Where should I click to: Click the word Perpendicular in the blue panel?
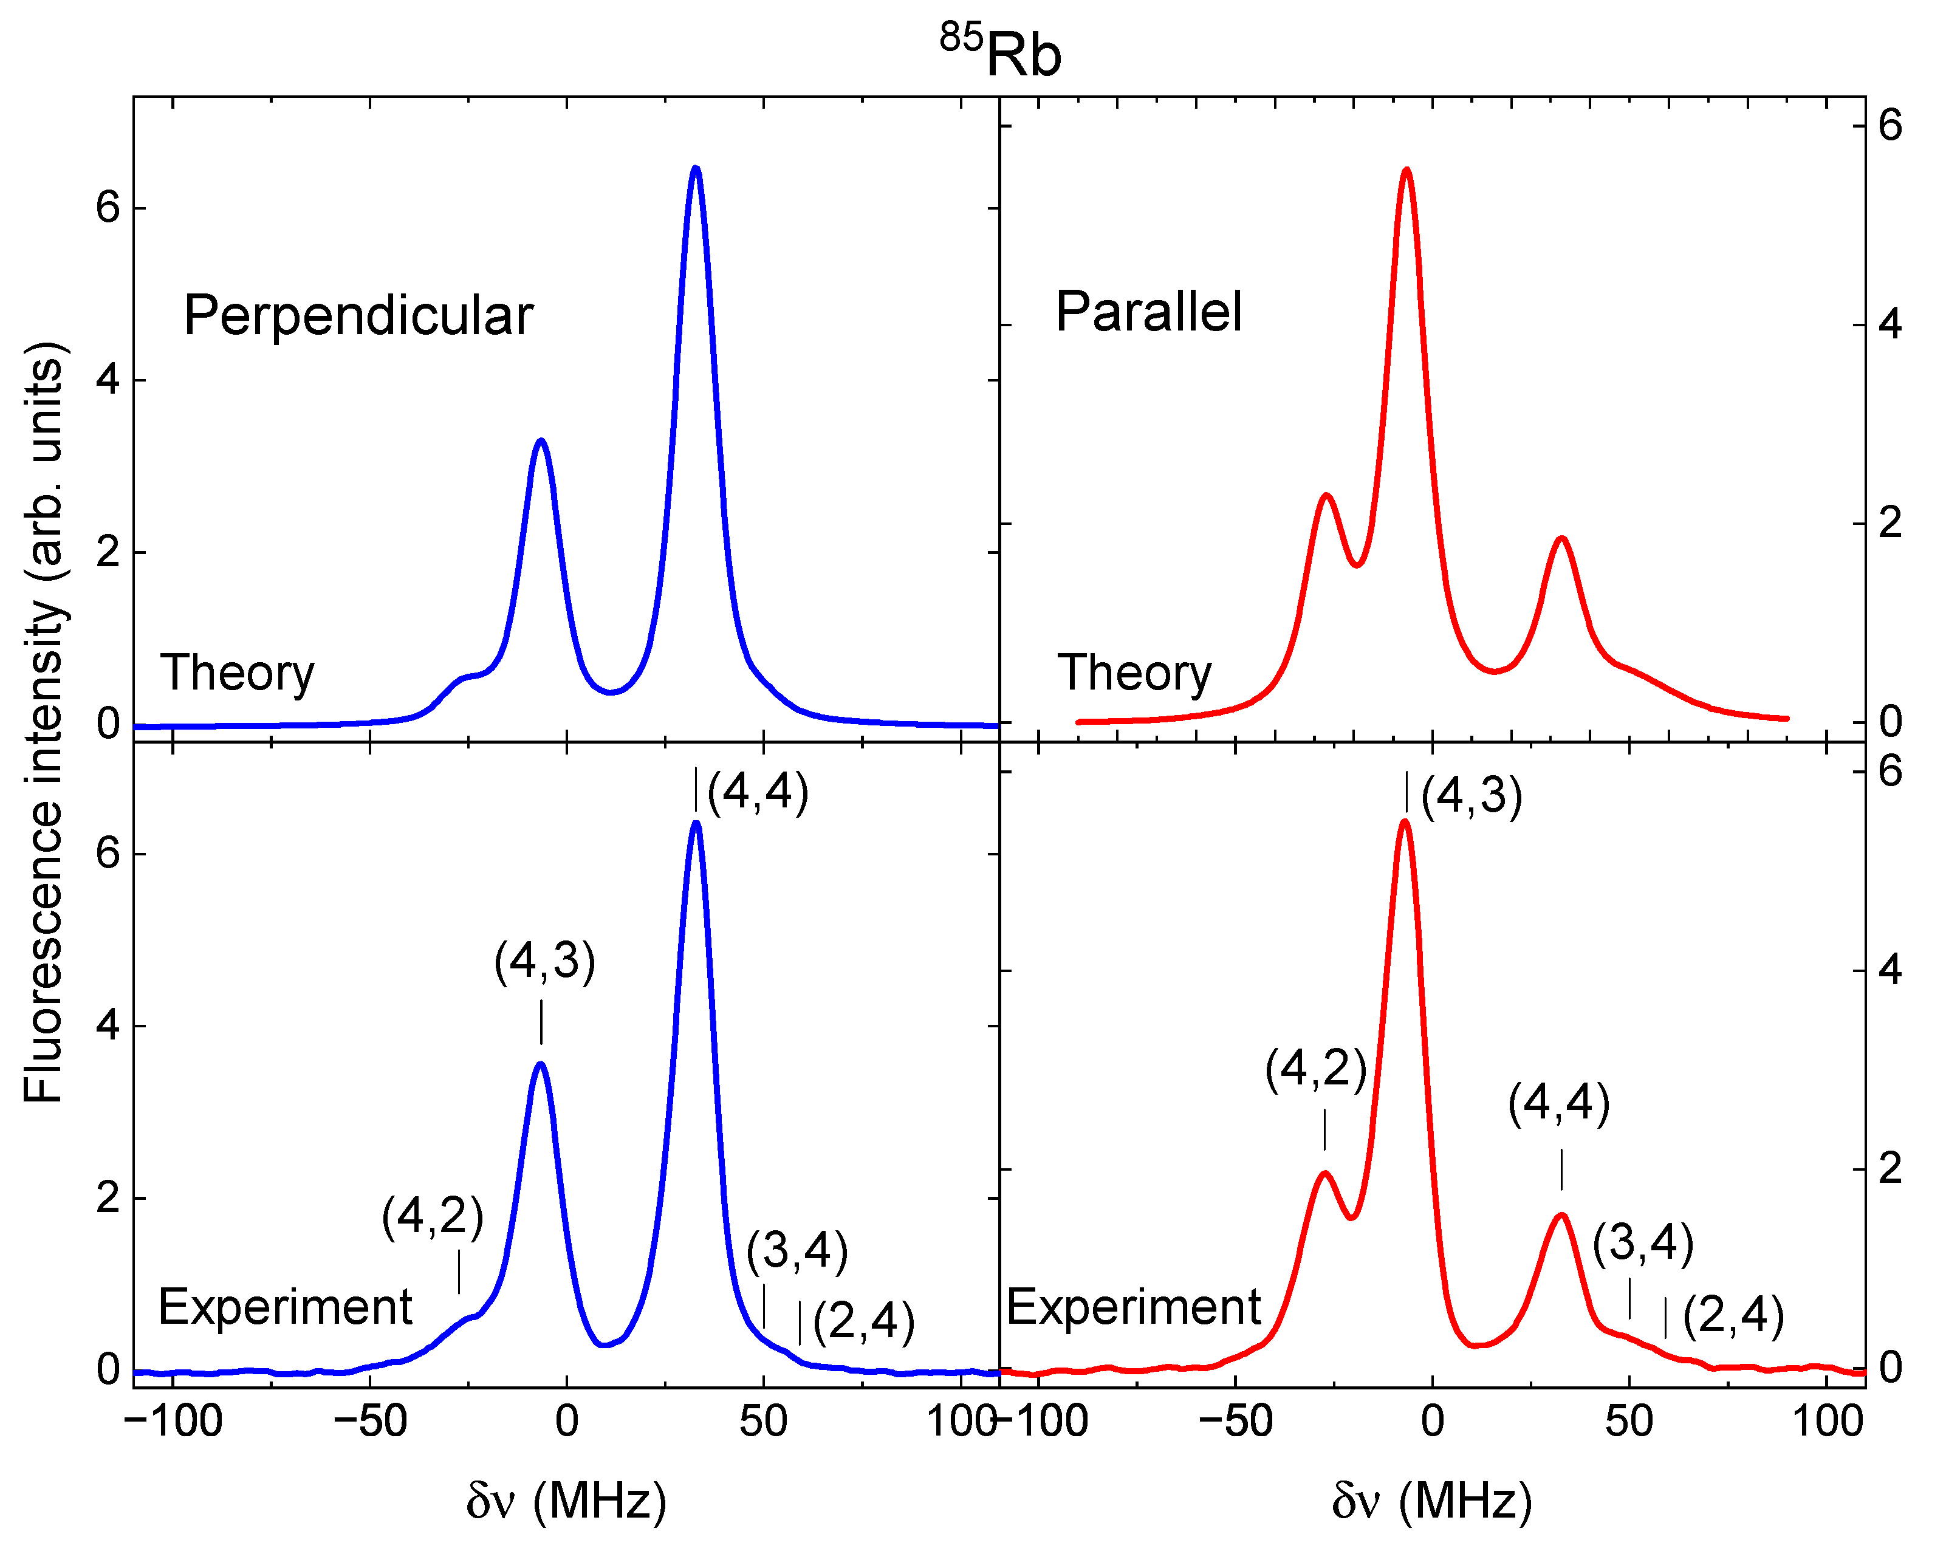tap(358, 316)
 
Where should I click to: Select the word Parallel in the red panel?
tap(1149, 312)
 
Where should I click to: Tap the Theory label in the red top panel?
tap(1134, 673)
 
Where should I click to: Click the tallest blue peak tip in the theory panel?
tap(696, 169)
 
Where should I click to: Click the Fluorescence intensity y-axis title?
tap(43, 722)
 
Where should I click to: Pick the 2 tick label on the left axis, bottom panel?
tap(108, 1198)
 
